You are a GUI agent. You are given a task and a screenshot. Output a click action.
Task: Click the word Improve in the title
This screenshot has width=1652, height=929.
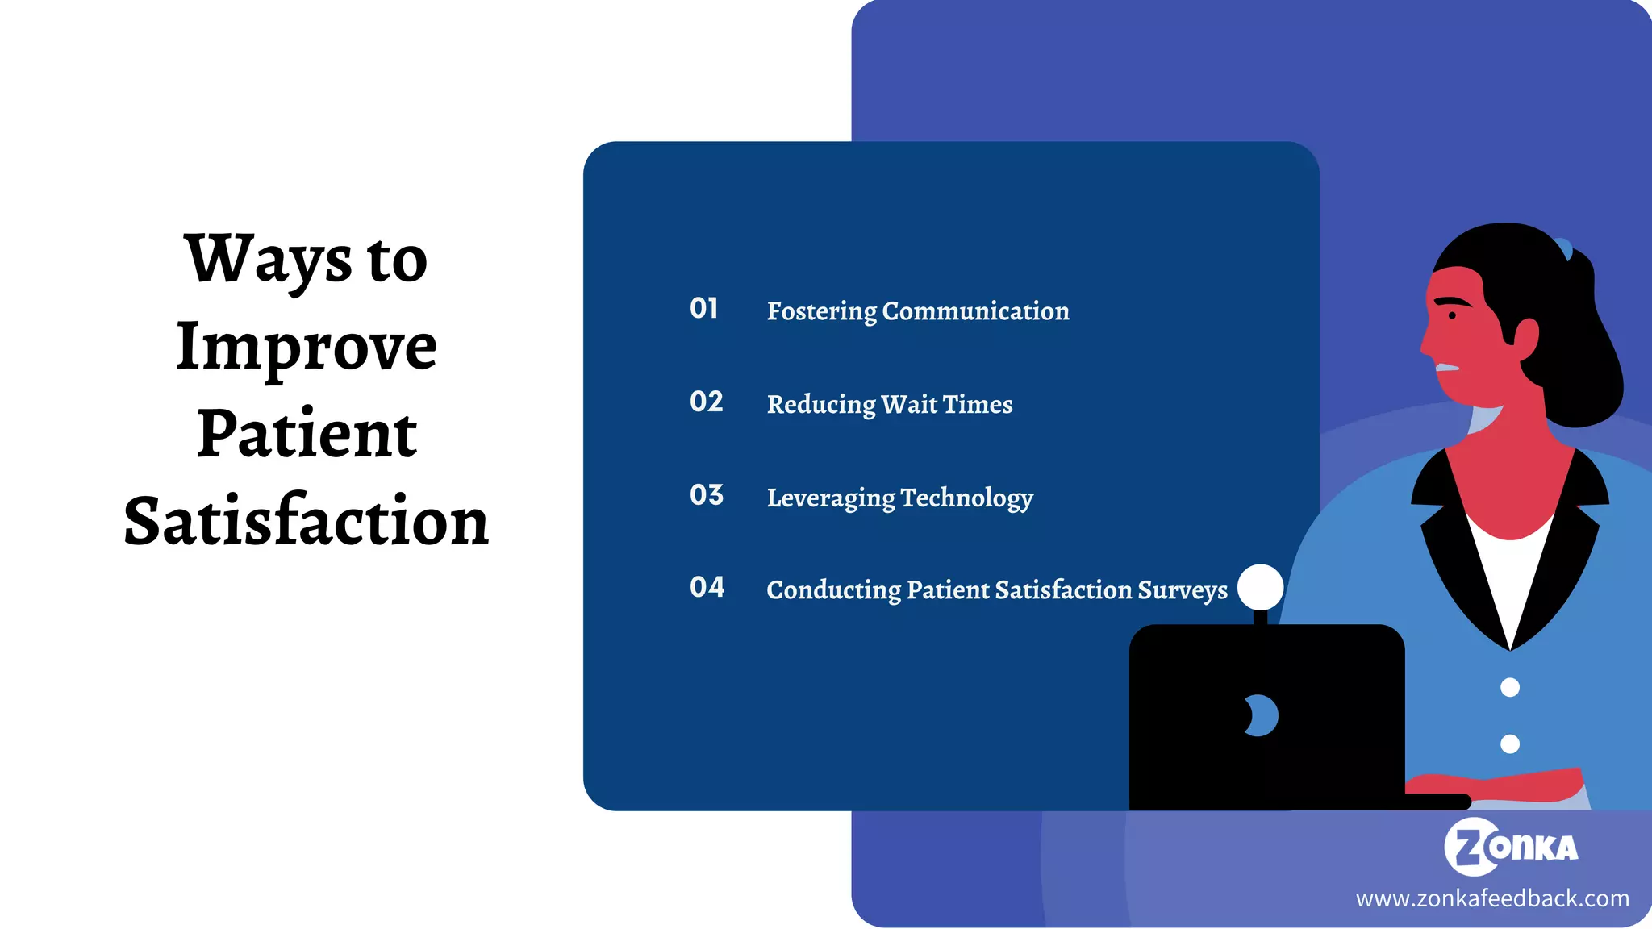pos(307,347)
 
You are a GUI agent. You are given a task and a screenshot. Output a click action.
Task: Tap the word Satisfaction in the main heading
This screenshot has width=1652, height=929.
pos(307,521)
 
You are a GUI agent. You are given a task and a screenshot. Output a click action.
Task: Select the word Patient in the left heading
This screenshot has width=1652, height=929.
pos(307,434)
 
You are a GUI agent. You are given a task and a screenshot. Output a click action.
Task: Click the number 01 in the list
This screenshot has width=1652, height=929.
pos(704,308)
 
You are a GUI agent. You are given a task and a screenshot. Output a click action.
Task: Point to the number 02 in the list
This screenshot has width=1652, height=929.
pos(707,402)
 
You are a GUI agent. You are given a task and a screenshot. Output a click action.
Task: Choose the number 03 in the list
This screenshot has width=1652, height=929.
pos(707,495)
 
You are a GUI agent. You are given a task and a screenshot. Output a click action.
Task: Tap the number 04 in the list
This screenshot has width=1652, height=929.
pos(707,587)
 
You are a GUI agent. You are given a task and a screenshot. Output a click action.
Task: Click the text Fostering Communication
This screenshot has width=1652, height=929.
pos(918,311)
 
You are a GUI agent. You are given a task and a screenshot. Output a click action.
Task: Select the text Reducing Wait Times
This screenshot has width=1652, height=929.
pos(890,404)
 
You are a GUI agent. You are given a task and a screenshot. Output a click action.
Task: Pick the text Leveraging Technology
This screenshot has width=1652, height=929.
pos(900,498)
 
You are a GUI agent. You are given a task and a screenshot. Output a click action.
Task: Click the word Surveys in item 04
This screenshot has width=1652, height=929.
pos(1183,590)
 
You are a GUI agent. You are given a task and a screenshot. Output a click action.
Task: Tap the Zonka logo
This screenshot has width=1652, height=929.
pos(1511,847)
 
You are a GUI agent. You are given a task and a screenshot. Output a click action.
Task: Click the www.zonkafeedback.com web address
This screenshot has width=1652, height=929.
pos(1492,898)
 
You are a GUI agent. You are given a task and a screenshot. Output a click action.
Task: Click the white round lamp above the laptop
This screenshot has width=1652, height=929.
pos(1260,587)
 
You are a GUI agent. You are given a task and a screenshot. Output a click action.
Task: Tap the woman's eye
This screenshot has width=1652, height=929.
pos(1452,315)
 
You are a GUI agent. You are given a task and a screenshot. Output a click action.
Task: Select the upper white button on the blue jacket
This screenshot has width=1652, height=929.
pos(1510,687)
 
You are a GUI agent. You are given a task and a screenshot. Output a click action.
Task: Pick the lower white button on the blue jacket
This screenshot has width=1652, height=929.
pos(1510,744)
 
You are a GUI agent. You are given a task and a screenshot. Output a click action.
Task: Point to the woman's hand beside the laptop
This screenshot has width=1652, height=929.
pos(1492,784)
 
